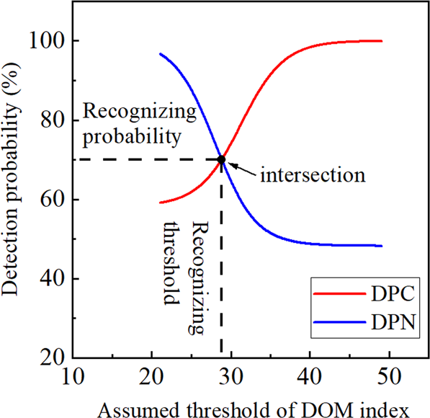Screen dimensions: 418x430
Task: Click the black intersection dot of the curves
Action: (221, 159)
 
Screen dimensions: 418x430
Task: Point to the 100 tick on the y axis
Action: (45, 41)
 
